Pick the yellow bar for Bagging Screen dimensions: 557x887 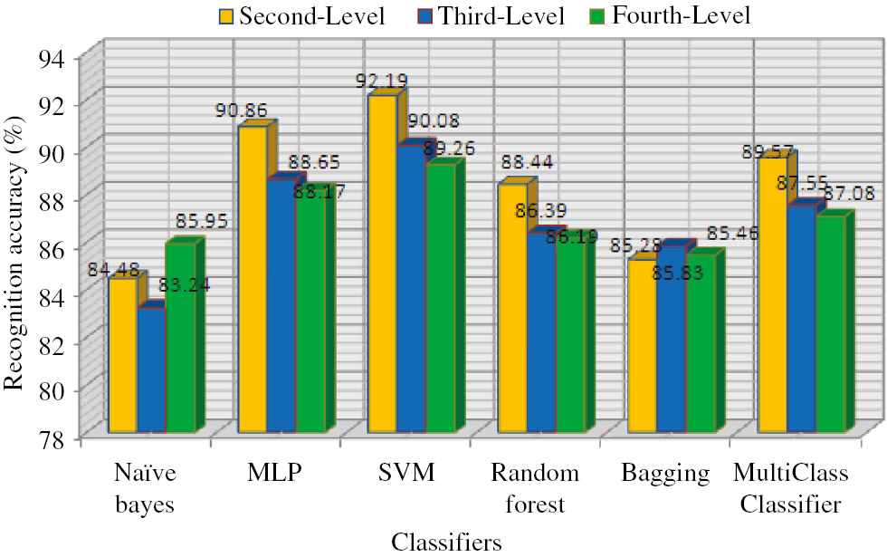coord(642,345)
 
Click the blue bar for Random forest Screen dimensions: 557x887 coord(541,335)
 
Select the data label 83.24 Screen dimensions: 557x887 coord(186,285)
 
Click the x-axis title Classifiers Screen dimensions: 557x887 coord(446,542)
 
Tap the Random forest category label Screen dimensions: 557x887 coord(535,488)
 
